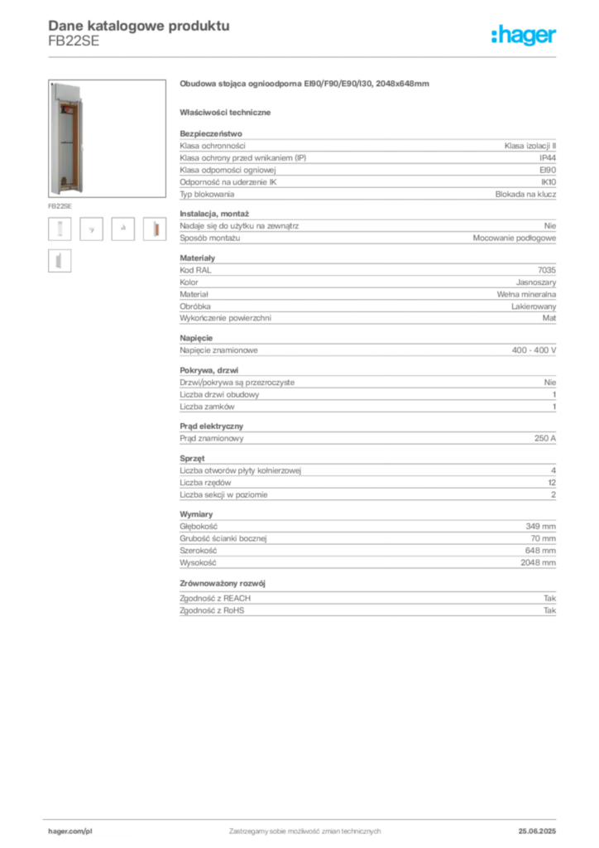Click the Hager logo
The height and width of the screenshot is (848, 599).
523,35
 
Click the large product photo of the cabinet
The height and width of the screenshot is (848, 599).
107,138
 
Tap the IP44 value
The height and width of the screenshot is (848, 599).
547,158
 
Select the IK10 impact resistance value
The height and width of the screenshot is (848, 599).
549,182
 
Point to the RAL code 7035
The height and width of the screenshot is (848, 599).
547,270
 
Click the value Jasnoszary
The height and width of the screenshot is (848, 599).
536,282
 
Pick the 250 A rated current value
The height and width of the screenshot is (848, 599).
545,439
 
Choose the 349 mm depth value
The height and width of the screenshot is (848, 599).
540,526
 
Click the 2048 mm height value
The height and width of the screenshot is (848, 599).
538,563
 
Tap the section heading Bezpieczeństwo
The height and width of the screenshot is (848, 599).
211,133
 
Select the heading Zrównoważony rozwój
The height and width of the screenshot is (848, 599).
223,584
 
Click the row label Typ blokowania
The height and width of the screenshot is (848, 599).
207,194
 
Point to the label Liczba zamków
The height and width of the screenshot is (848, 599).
207,407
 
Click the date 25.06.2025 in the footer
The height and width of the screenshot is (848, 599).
537,831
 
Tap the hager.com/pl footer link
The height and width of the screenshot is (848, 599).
70,831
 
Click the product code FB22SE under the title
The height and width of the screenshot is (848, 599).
74,41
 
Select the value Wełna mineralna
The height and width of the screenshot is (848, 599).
526,294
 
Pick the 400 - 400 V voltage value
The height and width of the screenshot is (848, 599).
534,350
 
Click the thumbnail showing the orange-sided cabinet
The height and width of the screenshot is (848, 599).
155,229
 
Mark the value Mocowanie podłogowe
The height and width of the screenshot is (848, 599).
515,238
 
